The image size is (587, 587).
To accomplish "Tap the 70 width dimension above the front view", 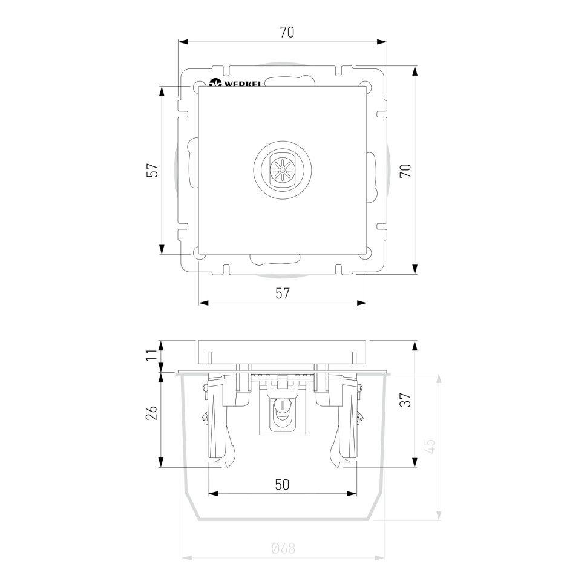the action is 287,33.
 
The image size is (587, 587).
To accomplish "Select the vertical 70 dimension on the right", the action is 406,171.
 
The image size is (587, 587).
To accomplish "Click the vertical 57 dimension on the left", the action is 152,170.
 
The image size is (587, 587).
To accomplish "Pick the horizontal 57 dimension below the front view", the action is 283,293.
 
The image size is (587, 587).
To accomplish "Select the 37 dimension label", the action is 406,400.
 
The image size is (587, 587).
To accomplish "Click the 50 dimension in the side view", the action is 282,484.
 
